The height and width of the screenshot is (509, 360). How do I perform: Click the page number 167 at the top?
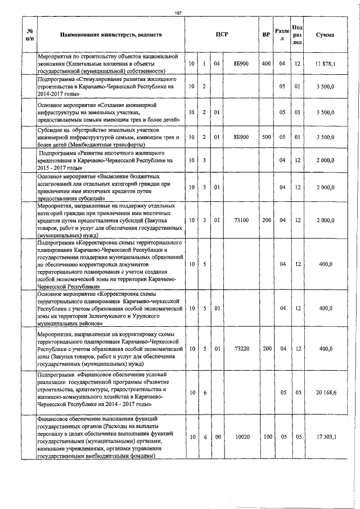point(179,13)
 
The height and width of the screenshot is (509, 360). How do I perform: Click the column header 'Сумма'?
point(325,35)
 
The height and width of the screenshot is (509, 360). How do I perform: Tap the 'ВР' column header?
point(266,35)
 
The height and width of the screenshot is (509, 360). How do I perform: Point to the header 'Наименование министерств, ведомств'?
point(111,35)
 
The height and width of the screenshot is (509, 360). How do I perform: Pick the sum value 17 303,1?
point(325,436)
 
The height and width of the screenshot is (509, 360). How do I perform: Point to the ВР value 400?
point(266,64)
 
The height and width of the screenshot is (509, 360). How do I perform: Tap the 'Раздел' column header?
point(282,34)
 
